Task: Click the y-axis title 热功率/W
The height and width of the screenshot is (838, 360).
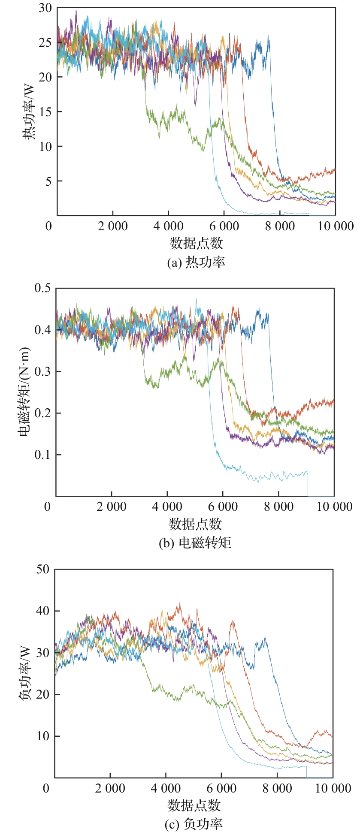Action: pyautogui.click(x=30, y=112)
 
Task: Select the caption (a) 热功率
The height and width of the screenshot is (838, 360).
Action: pyautogui.click(x=196, y=262)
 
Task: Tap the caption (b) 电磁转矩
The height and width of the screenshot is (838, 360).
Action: pyautogui.click(x=195, y=543)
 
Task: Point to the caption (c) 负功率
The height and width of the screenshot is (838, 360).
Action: pyautogui.click(x=194, y=823)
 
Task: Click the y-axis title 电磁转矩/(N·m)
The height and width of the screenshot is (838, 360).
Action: pyautogui.click(x=25, y=392)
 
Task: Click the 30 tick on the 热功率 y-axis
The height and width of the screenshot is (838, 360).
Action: pyautogui.click(x=45, y=8)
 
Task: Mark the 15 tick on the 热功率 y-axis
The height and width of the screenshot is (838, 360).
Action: pyautogui.click(x=45, y=112)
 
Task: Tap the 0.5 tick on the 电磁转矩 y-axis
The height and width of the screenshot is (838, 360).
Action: pyautogui.click(x=42, y=288)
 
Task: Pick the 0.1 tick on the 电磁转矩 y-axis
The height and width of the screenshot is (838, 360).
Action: pyautogui.click(x=42, y=455)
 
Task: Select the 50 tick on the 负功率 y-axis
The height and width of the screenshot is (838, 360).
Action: pyautogui.click(x=42, y=569)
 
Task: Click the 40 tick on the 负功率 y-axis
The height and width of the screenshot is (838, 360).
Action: pyautogui.click(x=42, y=611)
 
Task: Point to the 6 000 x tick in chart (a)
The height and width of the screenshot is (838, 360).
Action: pyautogui.click(x=224, y=226)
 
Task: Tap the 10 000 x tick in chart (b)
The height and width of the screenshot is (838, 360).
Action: pyautogui.click(x=335, y=506)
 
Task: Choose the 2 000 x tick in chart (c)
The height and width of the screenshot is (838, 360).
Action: pyautogui.click(x=110, y=788)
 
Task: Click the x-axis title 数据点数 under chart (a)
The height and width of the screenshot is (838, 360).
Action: pyautogui.click(x=197, y=243)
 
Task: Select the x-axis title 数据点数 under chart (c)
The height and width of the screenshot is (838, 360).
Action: pyautogui.click(x=194, y=805)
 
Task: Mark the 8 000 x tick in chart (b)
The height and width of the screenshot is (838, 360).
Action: pyautogui.click(x=279, y=506)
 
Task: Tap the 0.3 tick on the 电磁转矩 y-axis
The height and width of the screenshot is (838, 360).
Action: pyautogui.click(x=42, y=371)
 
